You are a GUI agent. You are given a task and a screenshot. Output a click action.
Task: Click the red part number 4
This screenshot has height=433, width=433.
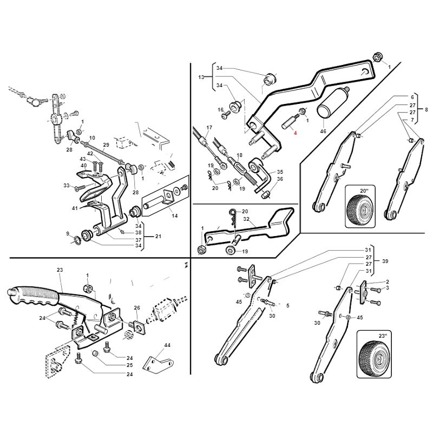[296, 133]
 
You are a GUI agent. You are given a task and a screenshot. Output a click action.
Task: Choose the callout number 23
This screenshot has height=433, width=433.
[60, 270]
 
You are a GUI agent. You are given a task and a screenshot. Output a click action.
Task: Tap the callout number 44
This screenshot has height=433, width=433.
[167, 345]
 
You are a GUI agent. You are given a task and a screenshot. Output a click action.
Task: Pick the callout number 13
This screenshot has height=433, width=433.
[201, 77]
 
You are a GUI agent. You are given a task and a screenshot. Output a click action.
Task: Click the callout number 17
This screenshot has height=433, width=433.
[208, 128]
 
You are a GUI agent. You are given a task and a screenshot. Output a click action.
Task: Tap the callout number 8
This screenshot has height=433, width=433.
[426, 109]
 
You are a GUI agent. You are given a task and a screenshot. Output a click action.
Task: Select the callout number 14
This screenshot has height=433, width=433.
[174, 216]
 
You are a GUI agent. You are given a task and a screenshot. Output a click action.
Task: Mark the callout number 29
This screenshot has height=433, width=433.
[106, 145]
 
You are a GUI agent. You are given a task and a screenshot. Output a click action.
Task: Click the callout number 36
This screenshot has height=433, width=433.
[280, 179]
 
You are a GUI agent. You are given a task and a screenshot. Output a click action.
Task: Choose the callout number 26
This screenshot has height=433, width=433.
[137, 308]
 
